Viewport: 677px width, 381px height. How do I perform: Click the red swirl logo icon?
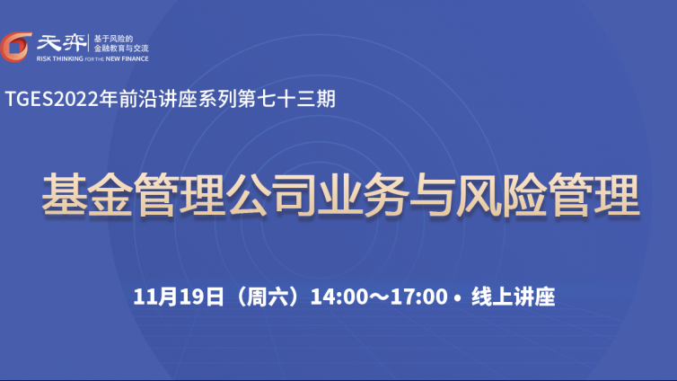tap(15, 47)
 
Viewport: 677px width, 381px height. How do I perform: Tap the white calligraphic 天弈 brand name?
tap(61, 43)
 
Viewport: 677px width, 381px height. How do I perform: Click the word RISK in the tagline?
tap(44, 58)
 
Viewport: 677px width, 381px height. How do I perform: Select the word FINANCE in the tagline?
tap(135, 58)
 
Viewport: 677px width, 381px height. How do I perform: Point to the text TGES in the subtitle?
tap(29, 99)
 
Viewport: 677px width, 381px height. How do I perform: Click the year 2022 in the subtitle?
tap(76, 99)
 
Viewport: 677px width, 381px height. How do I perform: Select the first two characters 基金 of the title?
tap(87, 194)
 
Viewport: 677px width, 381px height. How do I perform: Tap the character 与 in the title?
tap(432, 194)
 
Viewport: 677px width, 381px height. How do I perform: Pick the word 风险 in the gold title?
tap(502, 194)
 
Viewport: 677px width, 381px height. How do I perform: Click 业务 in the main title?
tap(363, 194)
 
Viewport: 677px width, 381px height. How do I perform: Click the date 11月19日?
tap(179, 297)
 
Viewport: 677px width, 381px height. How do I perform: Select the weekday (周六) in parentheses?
tap(268, 297)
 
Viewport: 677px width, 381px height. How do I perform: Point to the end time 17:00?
tap(418, 297)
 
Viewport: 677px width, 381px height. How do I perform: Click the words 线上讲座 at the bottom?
tap(514, 297)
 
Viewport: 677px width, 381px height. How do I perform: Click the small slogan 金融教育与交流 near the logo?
tap(121, 48)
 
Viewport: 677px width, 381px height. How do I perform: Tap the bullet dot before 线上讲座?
tap(458, 297)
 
